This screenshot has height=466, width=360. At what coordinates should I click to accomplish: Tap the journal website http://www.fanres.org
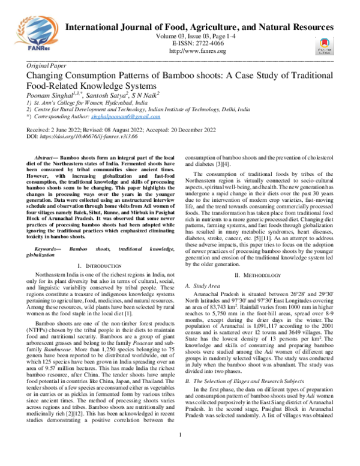[x=199, y=51]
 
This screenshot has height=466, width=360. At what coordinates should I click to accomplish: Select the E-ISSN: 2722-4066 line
[x=199, y=44]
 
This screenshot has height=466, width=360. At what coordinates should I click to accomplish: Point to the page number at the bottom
[x=180, y=452]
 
